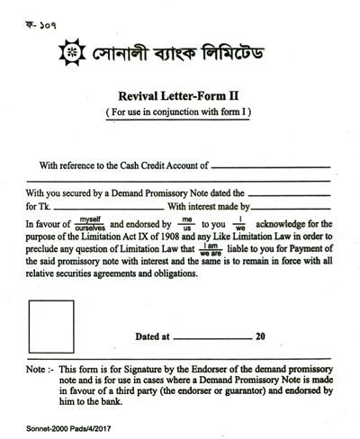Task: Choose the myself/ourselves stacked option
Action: pyautogui.click(x=88, y=222)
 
